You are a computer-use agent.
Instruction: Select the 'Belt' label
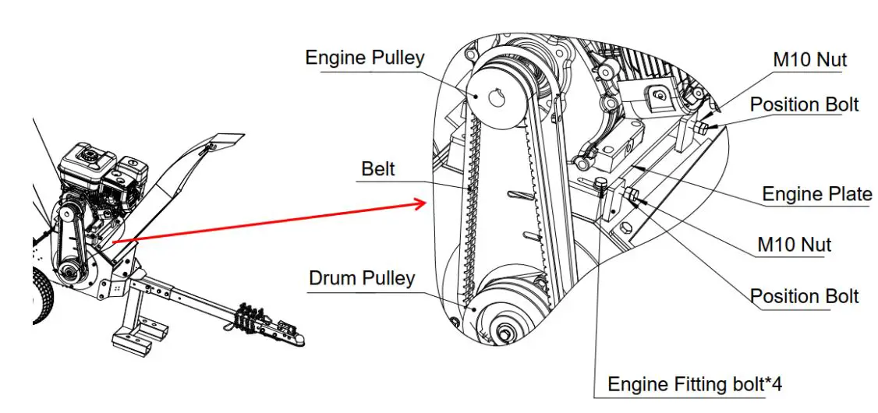tap(378, 168)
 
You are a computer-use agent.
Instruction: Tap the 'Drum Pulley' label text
tap(361, 278)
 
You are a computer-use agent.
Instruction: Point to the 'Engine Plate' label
tap(816, 194)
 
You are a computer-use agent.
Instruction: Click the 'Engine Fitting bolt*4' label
tap(694, 384)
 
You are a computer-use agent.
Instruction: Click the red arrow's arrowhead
tap(420, 204)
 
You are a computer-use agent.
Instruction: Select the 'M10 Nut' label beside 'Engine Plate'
tap(794, 245)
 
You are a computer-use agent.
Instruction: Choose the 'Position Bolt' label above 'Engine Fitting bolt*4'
tap(804, 296)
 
